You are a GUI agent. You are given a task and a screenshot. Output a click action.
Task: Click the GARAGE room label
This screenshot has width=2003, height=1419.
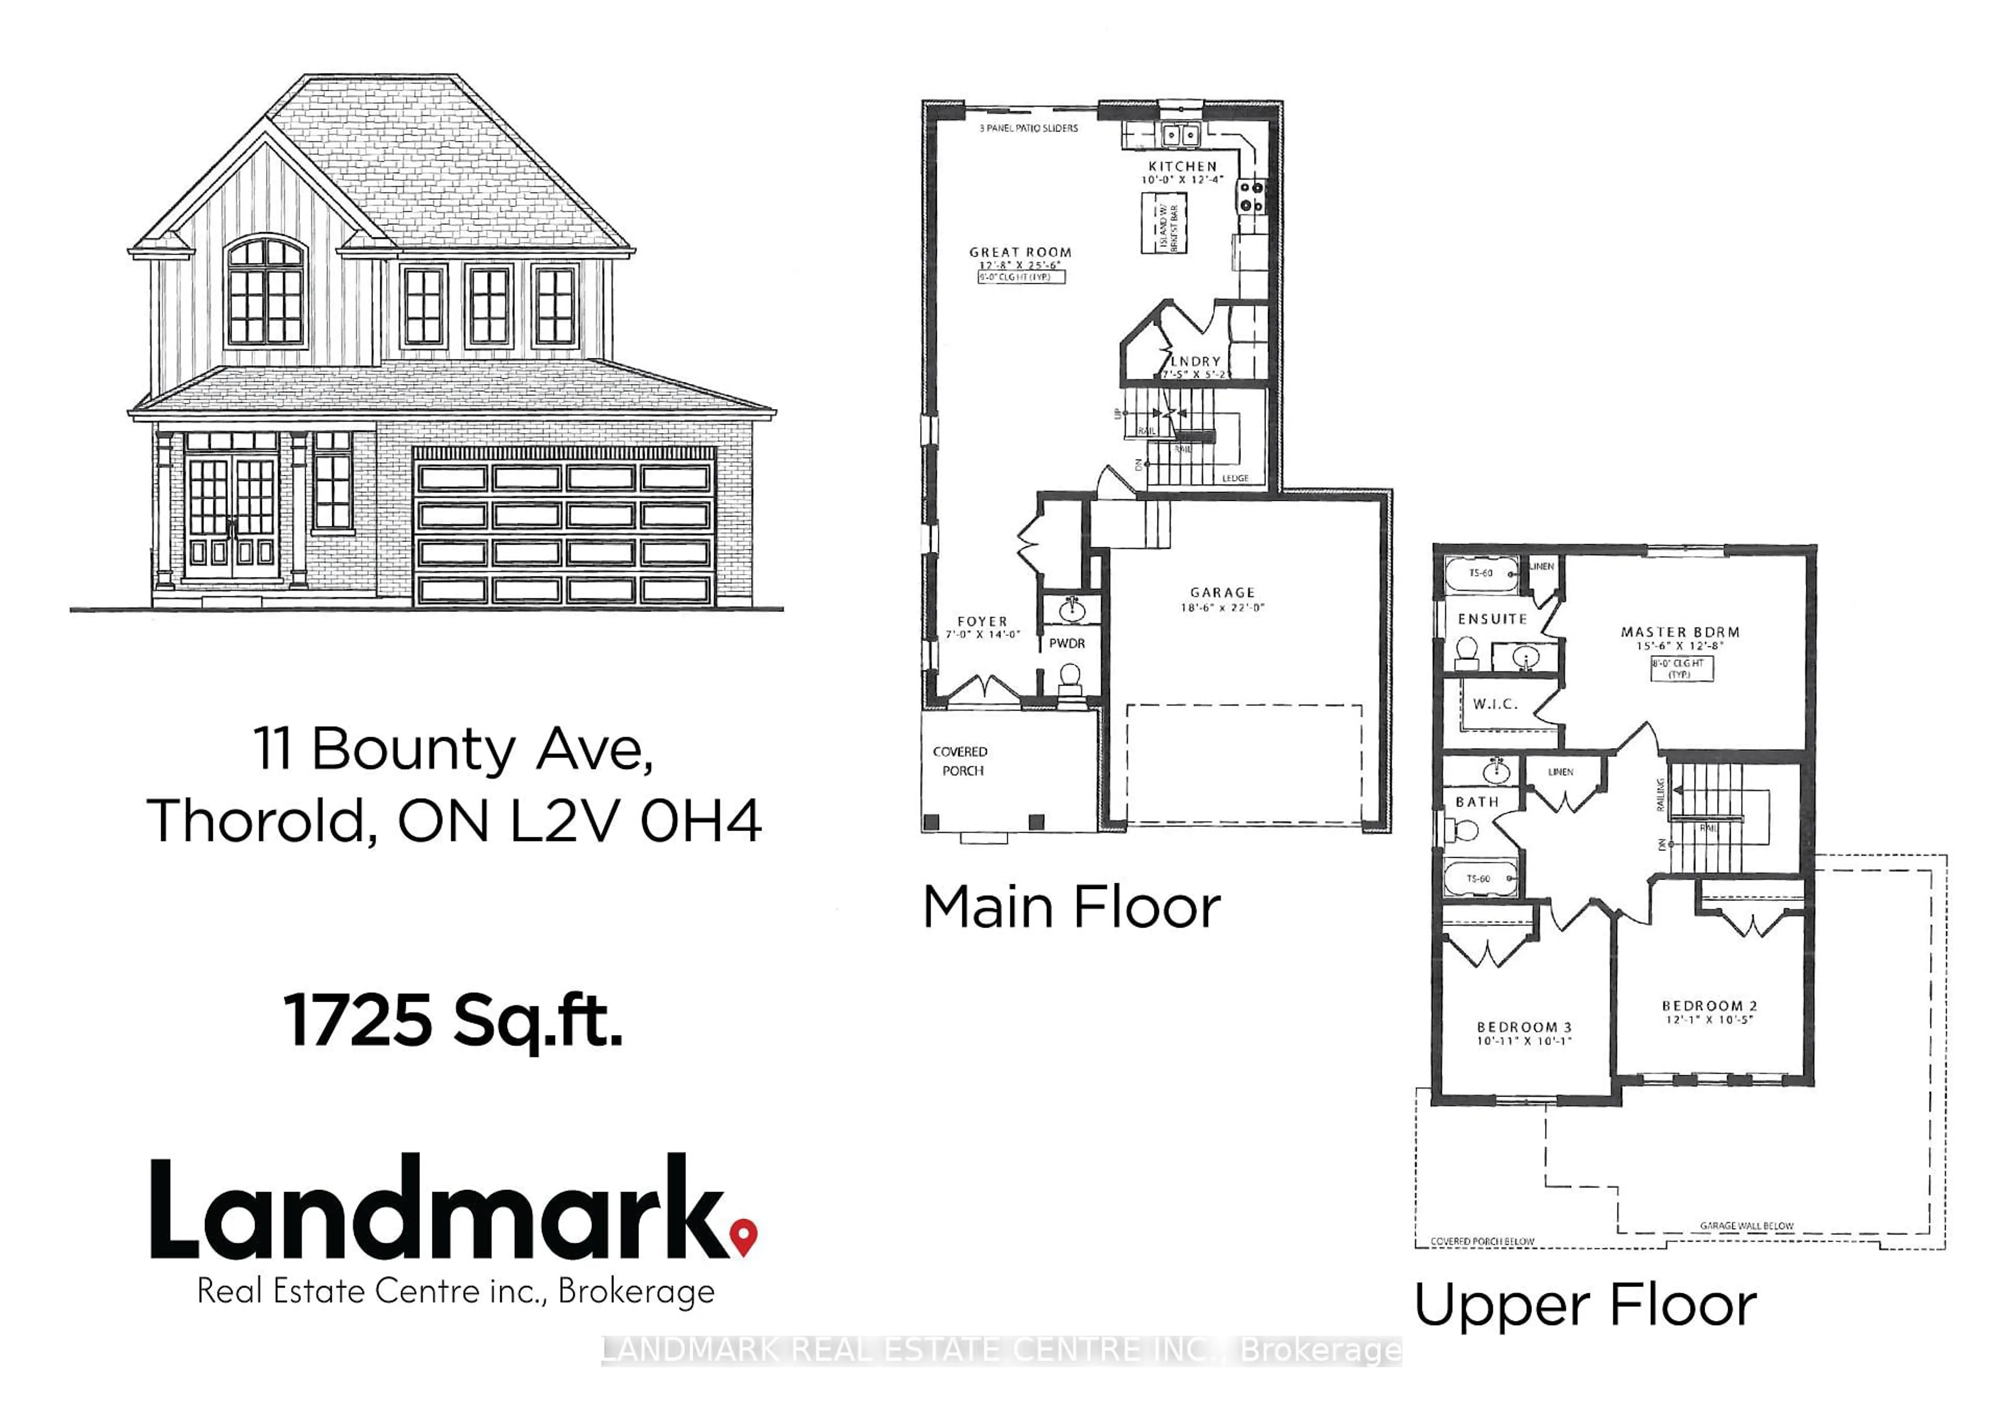click(1222, 593)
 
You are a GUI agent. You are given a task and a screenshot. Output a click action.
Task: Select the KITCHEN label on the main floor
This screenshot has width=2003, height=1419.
click(1182, 166)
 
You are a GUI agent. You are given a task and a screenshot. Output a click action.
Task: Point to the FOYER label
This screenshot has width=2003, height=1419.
click(982, 621)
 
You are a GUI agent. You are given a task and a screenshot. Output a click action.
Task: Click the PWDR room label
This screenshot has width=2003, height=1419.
click(1067, 643)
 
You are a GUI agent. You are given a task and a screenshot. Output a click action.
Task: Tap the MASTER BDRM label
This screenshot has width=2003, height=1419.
click(1680, 632)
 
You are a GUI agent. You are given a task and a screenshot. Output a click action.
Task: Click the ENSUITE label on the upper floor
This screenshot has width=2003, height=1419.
click(1492, 619)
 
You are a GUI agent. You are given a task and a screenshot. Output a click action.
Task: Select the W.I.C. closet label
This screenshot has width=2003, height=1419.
click(1494, 703)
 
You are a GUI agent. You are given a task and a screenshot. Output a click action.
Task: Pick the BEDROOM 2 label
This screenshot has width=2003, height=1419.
click(1709, 1006)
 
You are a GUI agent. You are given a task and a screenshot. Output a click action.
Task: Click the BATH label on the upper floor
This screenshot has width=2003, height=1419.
click(1476, 801)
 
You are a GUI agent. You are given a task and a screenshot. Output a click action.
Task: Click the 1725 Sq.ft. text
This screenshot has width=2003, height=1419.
click(452, 1020)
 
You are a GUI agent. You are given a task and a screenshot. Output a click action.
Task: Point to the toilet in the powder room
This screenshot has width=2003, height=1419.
click(1068, 679)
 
